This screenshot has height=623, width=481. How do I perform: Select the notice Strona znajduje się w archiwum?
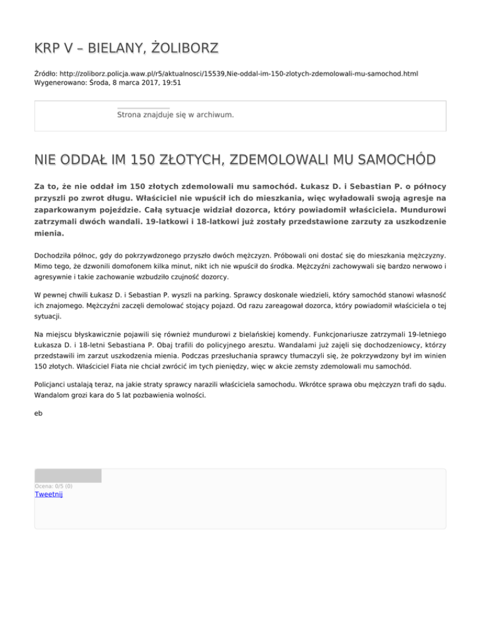tap(175, 115)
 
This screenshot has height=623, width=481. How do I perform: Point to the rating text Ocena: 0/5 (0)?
tap(53, 486)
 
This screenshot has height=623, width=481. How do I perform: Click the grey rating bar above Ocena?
tap(68, 476)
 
